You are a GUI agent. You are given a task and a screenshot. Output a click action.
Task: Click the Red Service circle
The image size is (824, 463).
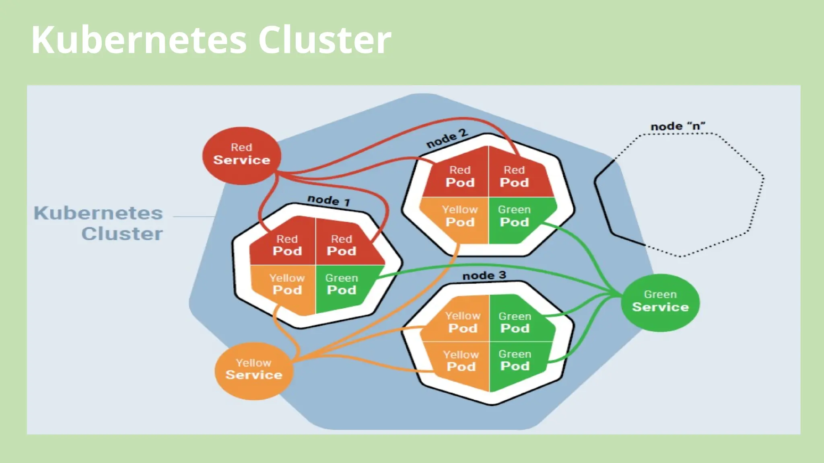point(241,156)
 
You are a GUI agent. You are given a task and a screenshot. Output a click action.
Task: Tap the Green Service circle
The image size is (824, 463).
point(660,302)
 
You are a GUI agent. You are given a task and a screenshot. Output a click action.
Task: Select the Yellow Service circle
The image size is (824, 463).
point(253,370)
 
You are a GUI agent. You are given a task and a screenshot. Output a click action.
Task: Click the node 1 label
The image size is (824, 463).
point(328,200)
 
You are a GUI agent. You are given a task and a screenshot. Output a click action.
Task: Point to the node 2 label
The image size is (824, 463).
point(447,139)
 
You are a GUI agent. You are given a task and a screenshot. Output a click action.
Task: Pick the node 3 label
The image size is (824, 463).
point(484,276)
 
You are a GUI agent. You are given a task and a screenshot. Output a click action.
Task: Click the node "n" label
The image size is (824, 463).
point(678,126)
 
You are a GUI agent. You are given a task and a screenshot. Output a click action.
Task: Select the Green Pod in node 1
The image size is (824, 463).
point(341,285)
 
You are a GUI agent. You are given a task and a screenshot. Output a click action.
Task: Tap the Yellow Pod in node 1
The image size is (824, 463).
point(287,285)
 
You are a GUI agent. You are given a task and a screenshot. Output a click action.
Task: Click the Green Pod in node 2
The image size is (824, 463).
point(514,217)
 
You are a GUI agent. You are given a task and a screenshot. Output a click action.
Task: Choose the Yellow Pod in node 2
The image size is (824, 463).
point(460,217)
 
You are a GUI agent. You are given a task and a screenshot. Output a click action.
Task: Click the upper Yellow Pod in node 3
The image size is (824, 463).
point(463,322)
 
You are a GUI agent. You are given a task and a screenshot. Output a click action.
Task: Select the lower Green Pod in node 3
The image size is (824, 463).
point(515,361)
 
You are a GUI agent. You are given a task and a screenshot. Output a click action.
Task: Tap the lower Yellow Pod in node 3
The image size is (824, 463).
point(461,361)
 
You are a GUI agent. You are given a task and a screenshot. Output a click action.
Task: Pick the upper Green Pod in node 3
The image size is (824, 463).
point(515,322)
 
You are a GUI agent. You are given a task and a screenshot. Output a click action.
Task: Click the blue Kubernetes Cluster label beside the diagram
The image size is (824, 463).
point(99,223)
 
